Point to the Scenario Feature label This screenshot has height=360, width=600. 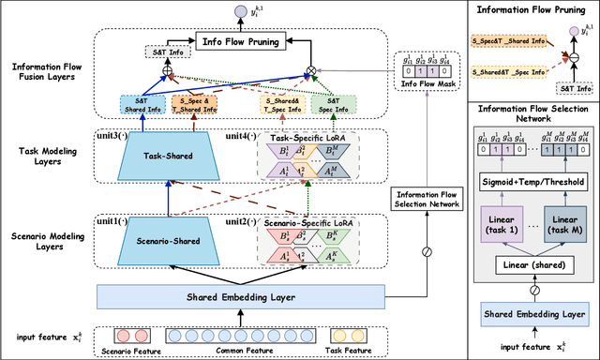[135, 351]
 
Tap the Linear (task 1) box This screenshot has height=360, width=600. [500, 225]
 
